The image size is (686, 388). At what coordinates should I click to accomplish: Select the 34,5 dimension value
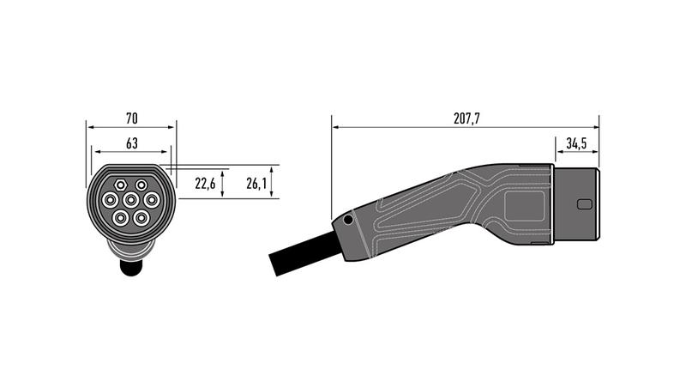(577, 142)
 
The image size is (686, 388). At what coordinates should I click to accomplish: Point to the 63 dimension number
(132, 142)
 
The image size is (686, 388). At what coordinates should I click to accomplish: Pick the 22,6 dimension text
(205, 183)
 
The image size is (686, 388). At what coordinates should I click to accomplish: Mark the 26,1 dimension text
(256, 183)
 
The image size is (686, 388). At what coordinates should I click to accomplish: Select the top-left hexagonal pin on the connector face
(119, 184)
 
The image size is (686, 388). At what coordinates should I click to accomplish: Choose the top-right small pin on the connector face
(141, 184)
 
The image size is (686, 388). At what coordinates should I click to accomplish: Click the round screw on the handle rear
(347, 221)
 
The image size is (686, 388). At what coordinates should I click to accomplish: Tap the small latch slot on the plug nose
(585, 204)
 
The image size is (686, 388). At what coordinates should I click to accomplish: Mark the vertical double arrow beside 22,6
(224, 183)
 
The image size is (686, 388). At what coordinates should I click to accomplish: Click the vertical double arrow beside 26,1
(273, 182)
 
